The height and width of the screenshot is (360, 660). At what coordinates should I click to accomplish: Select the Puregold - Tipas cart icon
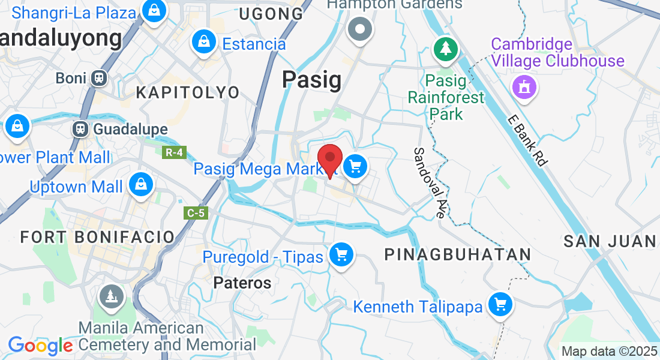click(x=341, y=256)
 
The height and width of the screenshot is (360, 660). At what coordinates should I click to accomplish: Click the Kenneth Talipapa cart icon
click(x=500, y=305)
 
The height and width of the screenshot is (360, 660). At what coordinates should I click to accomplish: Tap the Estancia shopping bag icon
click(x=205, y=42)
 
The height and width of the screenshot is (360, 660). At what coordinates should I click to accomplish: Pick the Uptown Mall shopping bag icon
click(x=142, y=185)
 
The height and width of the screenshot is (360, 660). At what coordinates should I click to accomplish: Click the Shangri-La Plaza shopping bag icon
click(x=154, y=11)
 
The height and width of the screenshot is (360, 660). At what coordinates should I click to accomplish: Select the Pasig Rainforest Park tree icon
click(x=445, y=49)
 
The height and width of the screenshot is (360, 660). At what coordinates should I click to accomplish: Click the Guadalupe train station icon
click(x=80, y=129)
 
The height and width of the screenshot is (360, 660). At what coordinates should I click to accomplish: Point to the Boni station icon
click(x=99, y=77)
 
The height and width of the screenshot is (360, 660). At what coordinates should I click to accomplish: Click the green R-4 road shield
click(x=174, y=152)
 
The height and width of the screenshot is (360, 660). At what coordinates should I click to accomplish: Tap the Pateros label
click(x=242, y=283)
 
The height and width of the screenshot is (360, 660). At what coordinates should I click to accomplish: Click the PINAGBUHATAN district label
click(x=457, y=254)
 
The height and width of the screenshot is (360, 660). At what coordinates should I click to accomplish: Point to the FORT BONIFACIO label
click(x=97, y=236)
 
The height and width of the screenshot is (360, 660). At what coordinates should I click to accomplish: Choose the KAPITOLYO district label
click(x=187, y=92)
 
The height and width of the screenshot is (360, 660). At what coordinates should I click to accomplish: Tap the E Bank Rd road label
click(x=526, y=140)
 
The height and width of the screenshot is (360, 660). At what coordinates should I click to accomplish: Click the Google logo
click(x=40, y=346)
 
